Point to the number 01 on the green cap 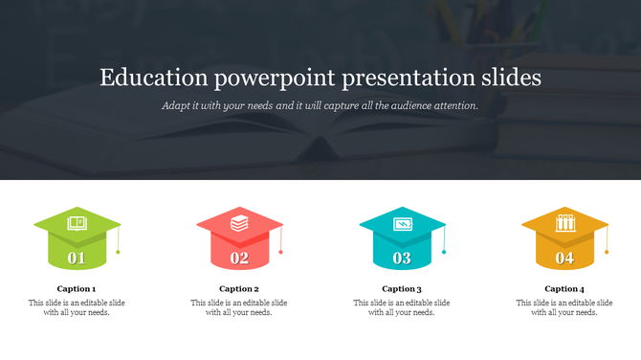pos(77,258)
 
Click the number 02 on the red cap pos(239,258)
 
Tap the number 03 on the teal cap pos(402,258)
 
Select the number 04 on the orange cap pos(564,258)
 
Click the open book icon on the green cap pos(77,224)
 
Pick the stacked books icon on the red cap pos(239,224)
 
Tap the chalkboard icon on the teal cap pos(402,224)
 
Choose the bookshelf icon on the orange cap pos(564,224)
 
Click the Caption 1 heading pos(77,288)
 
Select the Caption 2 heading pos(239,288)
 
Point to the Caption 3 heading pos(402,288)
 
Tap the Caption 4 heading pos(564,288)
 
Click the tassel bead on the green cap pos(119,252)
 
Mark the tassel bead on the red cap pos(281,252)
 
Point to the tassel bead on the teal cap pos(444,252)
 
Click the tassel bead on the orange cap pos(607,252)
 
